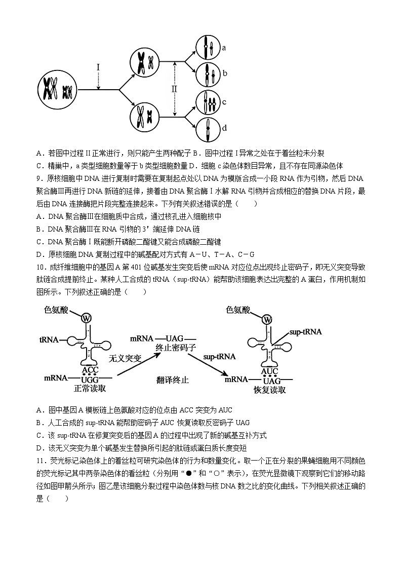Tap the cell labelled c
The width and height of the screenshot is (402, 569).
click(207, 103)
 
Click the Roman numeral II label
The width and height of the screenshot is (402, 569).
click(174, 89)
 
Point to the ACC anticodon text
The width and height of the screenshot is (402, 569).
click(90, 370)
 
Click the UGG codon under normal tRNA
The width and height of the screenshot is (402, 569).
click(90, 380)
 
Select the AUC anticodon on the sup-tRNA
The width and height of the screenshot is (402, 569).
click(270, 371)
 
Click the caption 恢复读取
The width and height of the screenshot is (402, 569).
click(269, 390)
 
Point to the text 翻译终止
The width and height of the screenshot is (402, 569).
click(173, 380)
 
